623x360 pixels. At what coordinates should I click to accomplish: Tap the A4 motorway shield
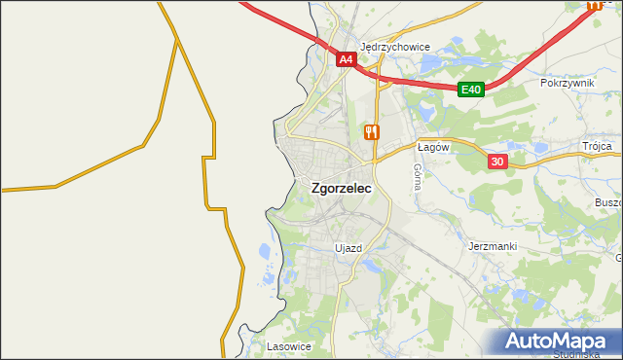pos(347,59)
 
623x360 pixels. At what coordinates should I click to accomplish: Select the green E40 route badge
pos(471,90)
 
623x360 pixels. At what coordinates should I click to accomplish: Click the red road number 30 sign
pos(496,162)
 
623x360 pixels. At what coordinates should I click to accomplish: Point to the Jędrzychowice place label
pos(395,46)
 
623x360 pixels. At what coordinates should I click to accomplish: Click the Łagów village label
pos(431,147)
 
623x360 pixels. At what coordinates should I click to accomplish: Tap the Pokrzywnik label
pos(567,84)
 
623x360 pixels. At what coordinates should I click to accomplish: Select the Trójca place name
pos(597,146)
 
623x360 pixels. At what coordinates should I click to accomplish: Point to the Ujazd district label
pos(348,248)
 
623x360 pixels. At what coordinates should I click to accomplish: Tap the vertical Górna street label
pos(417,175)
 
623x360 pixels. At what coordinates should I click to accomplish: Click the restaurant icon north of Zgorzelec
pos(370,131)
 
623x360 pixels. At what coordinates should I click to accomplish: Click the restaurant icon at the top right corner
pos(594,4)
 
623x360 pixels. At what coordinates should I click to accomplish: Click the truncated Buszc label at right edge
pos(607,201)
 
